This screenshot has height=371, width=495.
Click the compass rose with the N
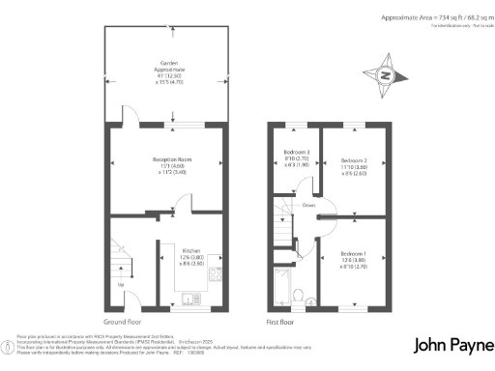(x=385, y=75)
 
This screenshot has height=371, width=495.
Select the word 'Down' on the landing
(x=308, y=205)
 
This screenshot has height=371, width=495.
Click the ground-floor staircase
(x=120, y=262)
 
